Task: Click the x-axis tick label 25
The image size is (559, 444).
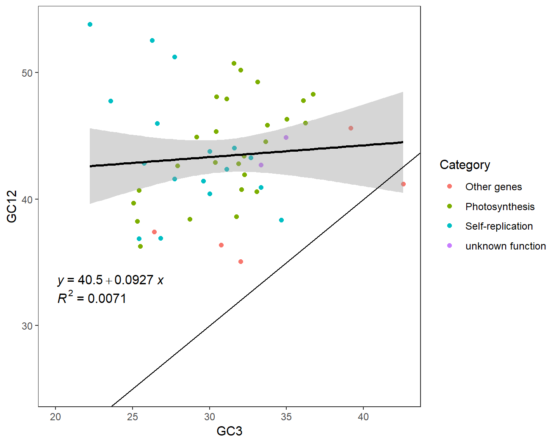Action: click(x=133, y=417)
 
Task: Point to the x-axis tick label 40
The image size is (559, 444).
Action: click(x=363, y=417)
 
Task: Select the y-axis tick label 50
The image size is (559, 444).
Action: click(x=27, y=73)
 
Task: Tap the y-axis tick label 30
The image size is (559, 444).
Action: click(x=27, y=326)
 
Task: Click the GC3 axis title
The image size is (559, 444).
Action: click(x=229, y=431)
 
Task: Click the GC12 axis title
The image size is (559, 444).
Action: click(x=12, y=206)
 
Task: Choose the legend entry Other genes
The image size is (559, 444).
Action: click(x=493, y=187)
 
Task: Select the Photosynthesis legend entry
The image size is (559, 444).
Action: click(x=500, y=207)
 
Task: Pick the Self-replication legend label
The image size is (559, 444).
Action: click(x=499, y=226)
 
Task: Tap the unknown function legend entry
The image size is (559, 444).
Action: click(x=505, y=246)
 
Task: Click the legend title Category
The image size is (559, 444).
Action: click(x=465, y=165)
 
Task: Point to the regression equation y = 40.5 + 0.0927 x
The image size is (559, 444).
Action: click(x=111, y=280)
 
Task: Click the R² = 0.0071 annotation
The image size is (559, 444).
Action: click(x=92, y=298)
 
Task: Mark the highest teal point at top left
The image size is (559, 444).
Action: click(x=90, y=25)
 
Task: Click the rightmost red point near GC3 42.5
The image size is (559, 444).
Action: click(x=403, y=184)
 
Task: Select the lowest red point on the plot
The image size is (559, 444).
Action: click(x=241, y=261)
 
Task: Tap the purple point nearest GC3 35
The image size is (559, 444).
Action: click(x=286, y=137)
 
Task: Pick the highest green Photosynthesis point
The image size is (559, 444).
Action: click(x=234, y=64)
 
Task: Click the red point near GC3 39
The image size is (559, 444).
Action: click(x=351, y=128)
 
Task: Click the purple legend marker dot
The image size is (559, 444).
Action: click(x=449, y=246)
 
